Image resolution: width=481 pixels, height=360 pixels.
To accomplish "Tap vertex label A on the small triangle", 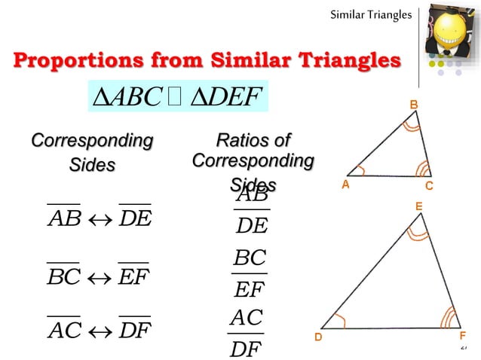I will pyautogui.click(x=345, y=184).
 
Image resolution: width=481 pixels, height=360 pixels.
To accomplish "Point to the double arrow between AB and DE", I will pyautogui.click(x=99, y=219).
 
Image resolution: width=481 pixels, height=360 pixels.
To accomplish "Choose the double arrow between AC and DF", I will pyautogui.click(x=99, y=330).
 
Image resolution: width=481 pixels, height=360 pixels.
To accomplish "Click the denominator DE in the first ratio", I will pyautogui.click(x=251, y=225).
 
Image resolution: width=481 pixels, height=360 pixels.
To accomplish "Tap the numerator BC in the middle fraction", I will pyautogui.click(x=250, y=258).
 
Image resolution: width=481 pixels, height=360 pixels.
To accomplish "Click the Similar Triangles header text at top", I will pyautogui.click(x=371, y=14).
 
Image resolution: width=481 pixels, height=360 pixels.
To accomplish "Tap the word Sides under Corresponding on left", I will pyautogui.click(x=92, y=164).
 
